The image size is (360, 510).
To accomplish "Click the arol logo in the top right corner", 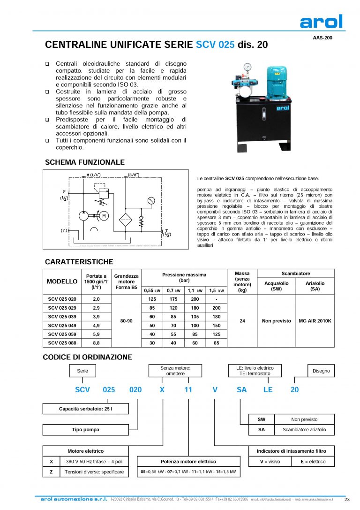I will tap(321, 22).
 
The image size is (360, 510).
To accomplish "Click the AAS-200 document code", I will tap(322, 38).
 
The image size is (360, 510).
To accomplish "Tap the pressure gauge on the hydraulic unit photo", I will tap(247, 67).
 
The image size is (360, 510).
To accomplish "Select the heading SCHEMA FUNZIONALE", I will tap(84, 162).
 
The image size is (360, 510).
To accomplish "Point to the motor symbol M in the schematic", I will tap(105, 216).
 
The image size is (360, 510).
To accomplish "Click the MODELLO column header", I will tap(62, 282).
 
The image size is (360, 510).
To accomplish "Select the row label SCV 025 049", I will tap(62, 326).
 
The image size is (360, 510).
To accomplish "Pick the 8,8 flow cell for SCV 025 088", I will tap(96, 343).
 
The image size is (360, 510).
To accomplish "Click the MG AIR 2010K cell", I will tap(315, 321).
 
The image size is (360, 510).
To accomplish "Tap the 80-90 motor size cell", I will tap(127, 321).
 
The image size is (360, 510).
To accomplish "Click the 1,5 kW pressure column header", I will tap(216, 290).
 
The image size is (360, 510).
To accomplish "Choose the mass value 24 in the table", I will tap(242, 321).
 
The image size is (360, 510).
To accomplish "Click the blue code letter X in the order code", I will tap(162, 389).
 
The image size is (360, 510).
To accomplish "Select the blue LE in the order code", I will tap(268, 389).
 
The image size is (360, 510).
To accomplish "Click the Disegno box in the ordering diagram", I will tap(321, 371).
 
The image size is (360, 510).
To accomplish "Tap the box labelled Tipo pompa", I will tap(85, 429).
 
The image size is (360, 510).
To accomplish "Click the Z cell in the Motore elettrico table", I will tap(51, 472).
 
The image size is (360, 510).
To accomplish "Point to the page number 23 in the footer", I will tap(347, 499).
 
